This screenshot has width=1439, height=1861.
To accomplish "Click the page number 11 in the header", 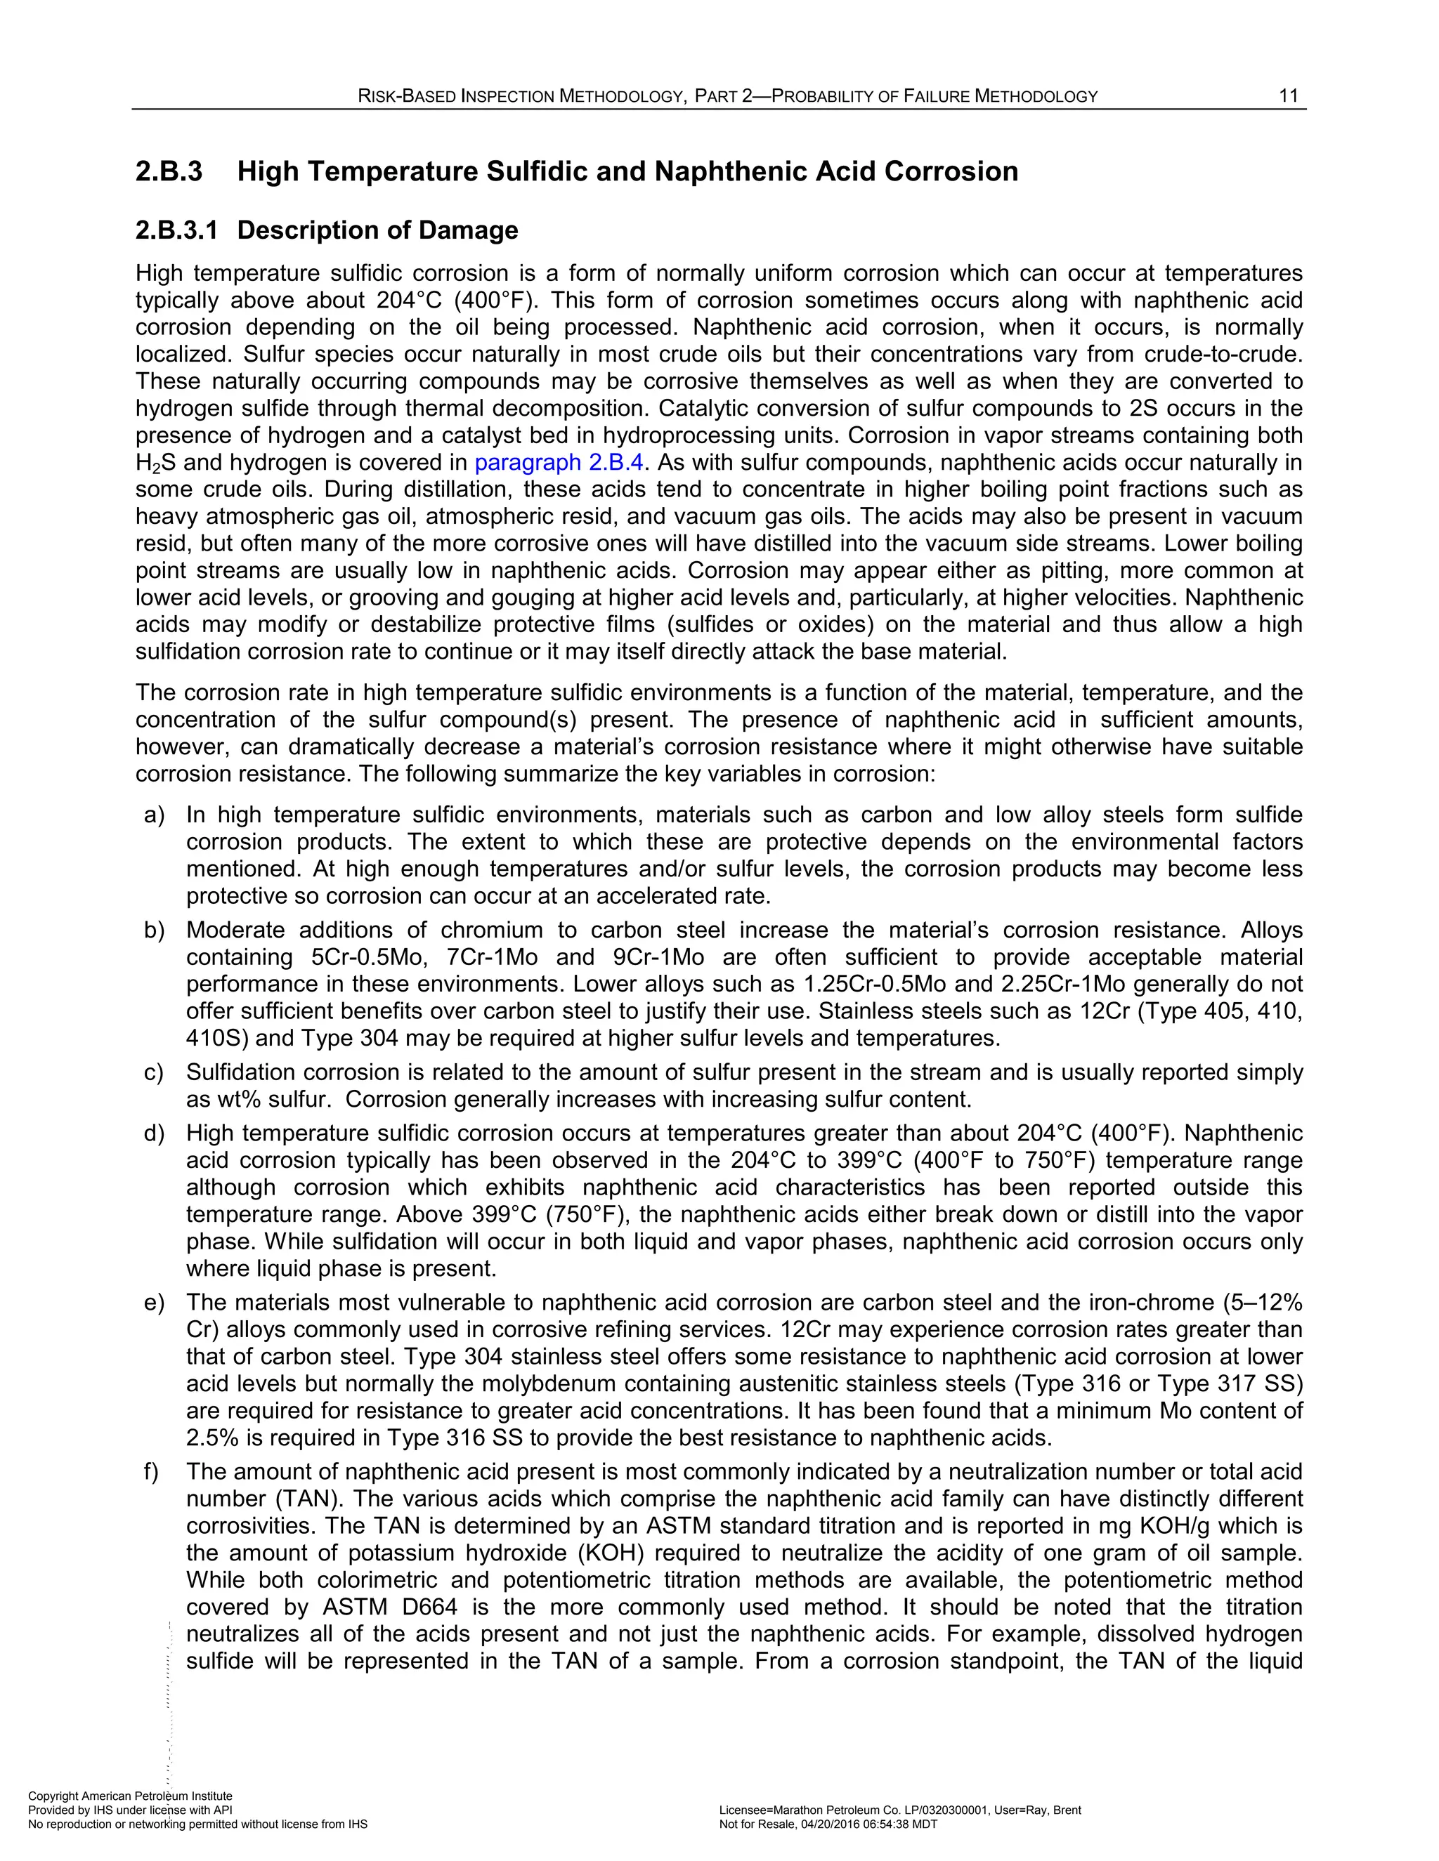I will (1288, 96).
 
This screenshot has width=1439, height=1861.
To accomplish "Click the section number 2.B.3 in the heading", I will (169, 171).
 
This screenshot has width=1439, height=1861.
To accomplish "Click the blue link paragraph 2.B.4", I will (559, 463).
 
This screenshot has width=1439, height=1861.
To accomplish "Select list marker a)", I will (155, 815).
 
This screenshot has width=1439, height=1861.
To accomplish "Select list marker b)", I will (155, 930).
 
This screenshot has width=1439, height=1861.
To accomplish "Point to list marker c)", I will (155, 1073).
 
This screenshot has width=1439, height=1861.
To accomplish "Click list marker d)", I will (155, 1134).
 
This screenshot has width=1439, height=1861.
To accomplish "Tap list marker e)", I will (155, 1303).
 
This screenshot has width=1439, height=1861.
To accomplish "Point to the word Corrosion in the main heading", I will (951, 171).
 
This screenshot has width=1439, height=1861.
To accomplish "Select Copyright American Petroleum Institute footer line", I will (129, 1796).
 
